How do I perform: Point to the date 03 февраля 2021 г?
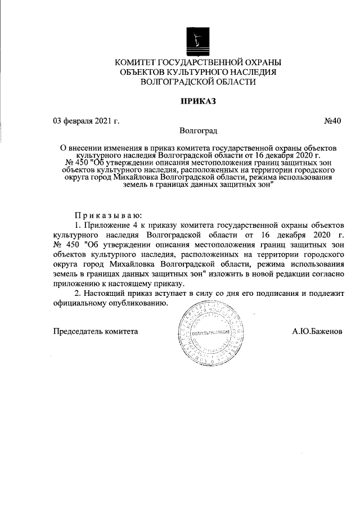pos(86,120)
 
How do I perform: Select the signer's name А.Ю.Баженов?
pos(317,331)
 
